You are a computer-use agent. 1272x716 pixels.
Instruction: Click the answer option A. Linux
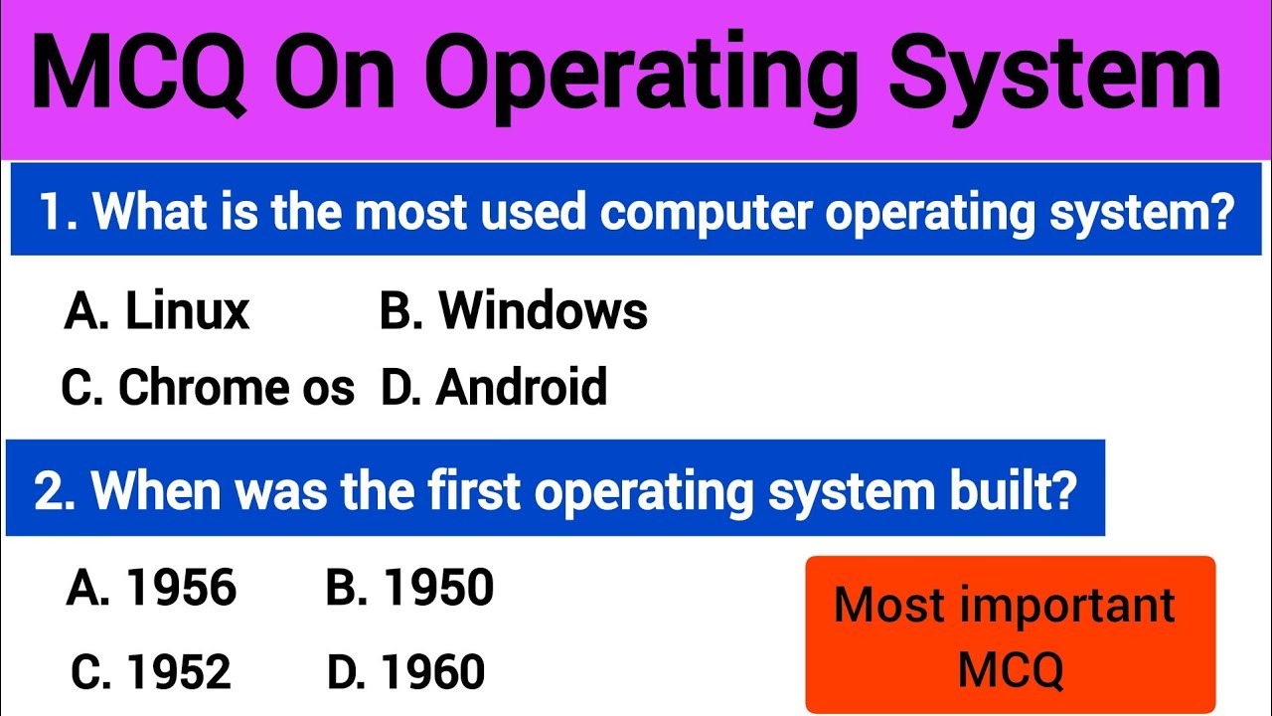pos(156,311)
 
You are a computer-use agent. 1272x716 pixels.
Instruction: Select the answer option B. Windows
pos(514,311)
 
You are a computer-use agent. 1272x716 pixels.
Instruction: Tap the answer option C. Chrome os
pos(207,388)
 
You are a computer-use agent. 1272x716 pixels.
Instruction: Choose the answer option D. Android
pos(494,388)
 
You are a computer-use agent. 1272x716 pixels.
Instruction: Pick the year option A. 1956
pos(152,589)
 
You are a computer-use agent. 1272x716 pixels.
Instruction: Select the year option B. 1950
pos(409,589)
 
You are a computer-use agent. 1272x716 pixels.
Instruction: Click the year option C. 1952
pos(151,673)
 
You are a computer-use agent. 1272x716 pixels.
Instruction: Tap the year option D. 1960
pos(406,673)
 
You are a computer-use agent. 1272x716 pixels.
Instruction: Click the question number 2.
pos(56,491)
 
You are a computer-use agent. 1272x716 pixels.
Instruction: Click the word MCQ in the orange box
pos(1011,669)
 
